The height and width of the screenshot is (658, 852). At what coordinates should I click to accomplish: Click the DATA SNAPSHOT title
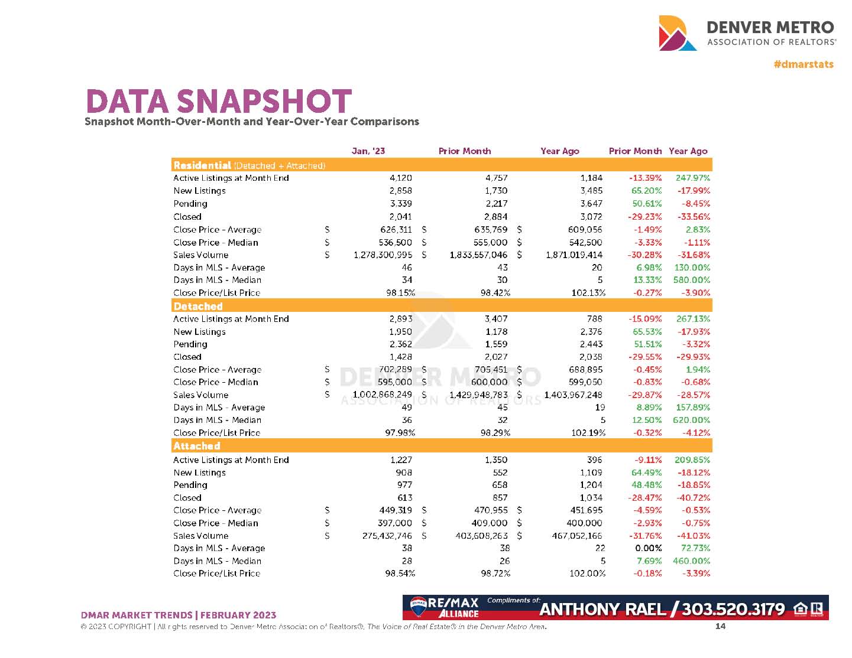219,101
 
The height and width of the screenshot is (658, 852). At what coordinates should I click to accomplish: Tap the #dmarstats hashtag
803,64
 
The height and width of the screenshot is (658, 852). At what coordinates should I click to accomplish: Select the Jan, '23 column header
368,151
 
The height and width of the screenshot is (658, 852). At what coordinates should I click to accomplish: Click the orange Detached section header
198,306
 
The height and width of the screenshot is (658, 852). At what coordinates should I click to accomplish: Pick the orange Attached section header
196,446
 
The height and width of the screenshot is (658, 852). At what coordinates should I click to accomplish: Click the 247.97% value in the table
692,178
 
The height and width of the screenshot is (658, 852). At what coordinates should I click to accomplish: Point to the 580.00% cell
691,280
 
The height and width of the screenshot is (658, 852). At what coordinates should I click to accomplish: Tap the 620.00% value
691,420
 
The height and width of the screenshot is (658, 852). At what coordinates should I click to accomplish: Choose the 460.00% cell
691,561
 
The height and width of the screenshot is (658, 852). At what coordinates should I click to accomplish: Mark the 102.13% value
585,293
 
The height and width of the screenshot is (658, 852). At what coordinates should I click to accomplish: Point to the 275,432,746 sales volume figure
387,536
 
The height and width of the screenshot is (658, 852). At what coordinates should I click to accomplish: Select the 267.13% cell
693,319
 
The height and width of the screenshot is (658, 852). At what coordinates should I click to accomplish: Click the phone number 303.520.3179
733,609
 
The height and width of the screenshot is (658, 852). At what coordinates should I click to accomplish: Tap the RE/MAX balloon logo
419,604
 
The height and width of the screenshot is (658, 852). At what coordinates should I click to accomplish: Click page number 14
720,626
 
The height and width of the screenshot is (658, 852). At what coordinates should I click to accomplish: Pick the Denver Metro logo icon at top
677,33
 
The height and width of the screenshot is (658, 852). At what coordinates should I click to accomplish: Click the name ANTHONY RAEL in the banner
602,609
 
